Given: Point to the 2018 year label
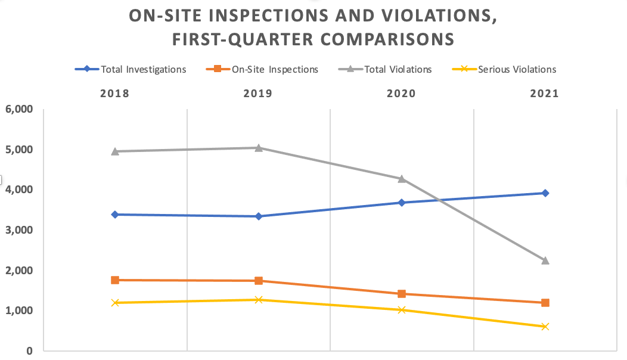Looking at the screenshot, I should pos(115,94).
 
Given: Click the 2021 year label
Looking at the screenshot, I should pos(544,94).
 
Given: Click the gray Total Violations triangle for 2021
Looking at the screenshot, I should pos(545,260).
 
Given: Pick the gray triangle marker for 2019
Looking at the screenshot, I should pos(259,147).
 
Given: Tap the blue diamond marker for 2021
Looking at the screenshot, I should pos(545,193).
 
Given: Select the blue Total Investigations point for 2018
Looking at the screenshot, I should pos(115,215).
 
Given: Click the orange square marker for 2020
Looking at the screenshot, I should pos(402,294).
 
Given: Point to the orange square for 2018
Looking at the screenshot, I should pos(115,280).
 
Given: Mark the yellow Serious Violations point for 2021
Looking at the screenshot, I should pos(545,327).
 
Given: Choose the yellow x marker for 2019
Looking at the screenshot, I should pos(259,300).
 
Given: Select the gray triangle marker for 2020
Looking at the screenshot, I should pos(402,179).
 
